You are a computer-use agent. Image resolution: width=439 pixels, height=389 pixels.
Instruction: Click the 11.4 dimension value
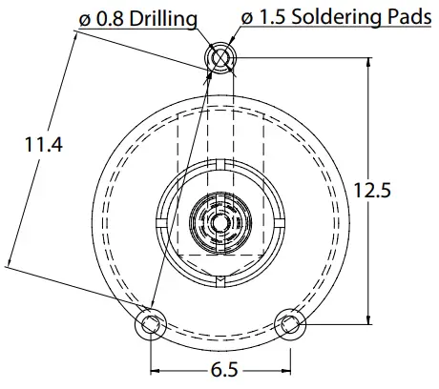43,145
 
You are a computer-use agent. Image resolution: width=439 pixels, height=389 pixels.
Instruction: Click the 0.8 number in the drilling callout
107,18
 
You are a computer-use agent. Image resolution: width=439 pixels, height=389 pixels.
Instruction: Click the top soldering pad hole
219,57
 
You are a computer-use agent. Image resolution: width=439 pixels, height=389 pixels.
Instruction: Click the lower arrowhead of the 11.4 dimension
10,260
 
